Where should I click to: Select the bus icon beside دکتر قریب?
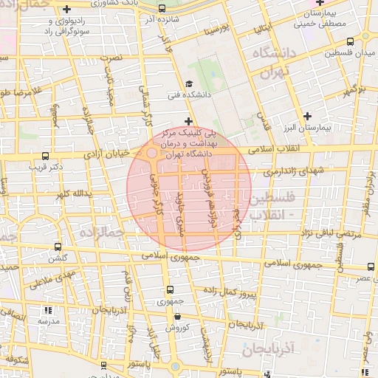tap(46, 157)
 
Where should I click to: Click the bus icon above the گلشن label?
tap(58, 247)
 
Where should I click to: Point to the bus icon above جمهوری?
tap(171, 290)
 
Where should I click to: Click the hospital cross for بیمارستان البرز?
tap(307, 116)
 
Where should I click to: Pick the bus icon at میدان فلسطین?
tap(367, 41)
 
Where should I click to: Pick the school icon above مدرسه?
tap(48, 311)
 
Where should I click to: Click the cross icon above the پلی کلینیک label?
tap(188, 120)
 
